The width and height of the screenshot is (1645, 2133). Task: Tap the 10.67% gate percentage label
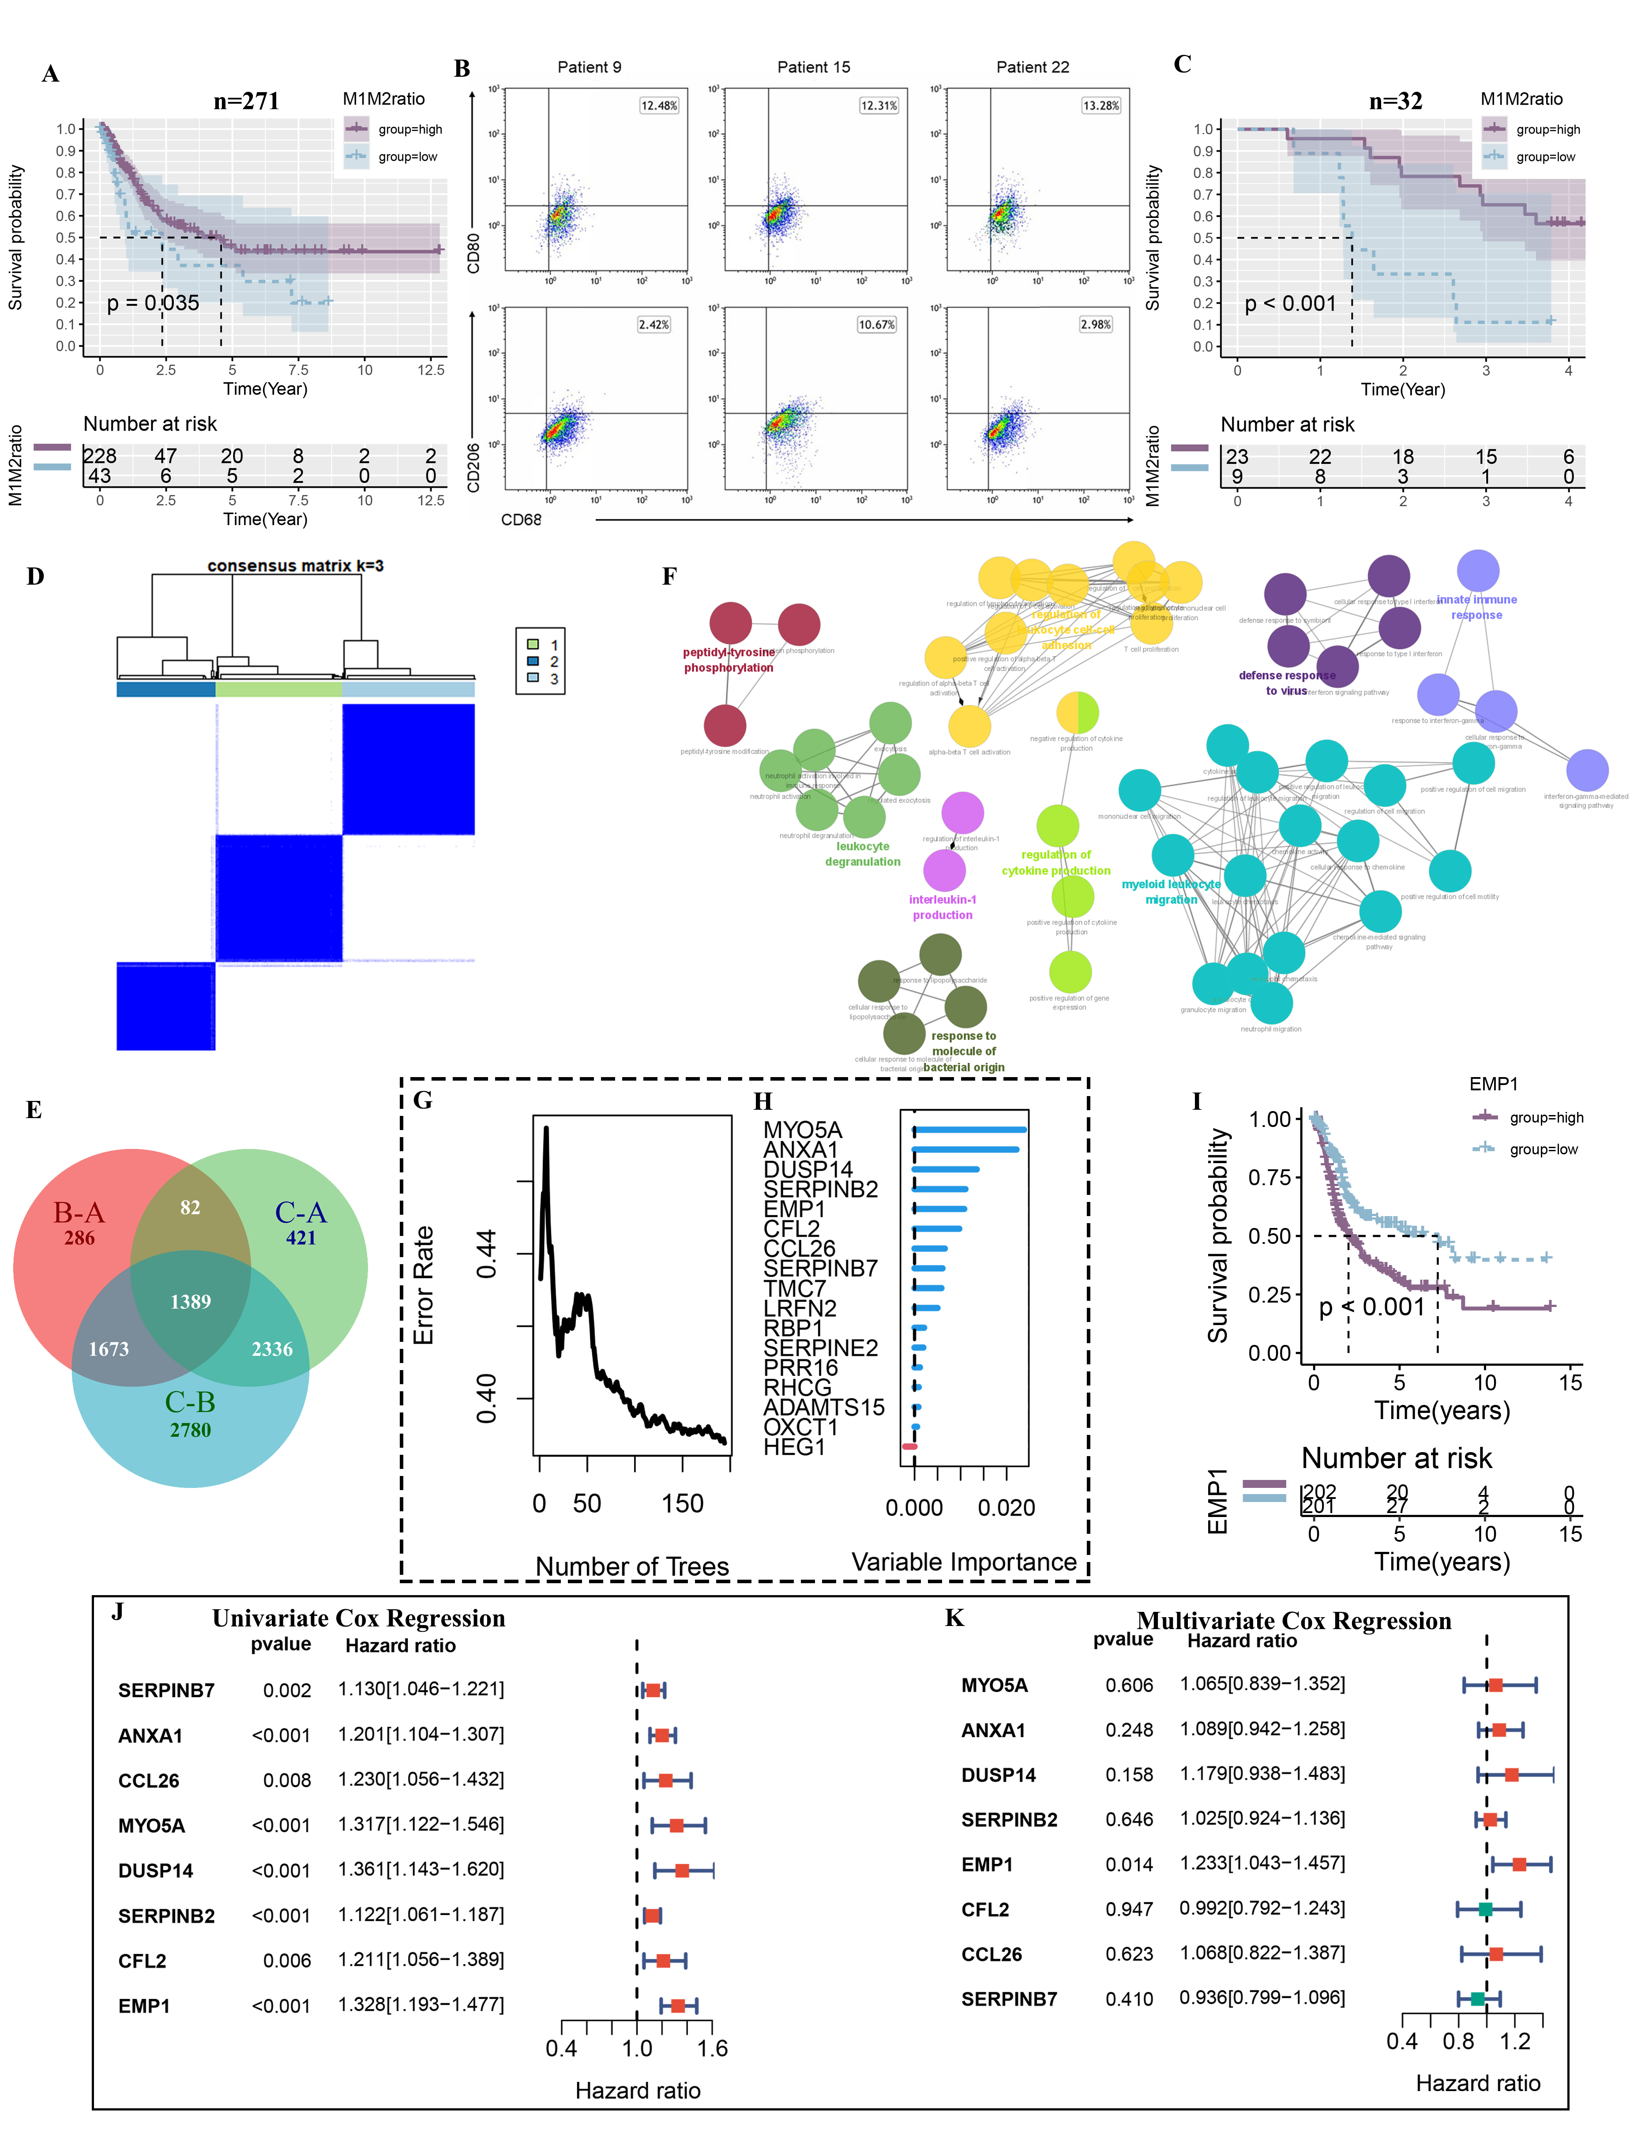(x=876, y=324)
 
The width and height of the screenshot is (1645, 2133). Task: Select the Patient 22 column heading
(x=1033, y=68)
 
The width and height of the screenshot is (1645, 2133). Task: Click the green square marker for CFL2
(x=1485, y=1908)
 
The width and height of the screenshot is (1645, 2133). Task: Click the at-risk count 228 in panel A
(x=100, y=456)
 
